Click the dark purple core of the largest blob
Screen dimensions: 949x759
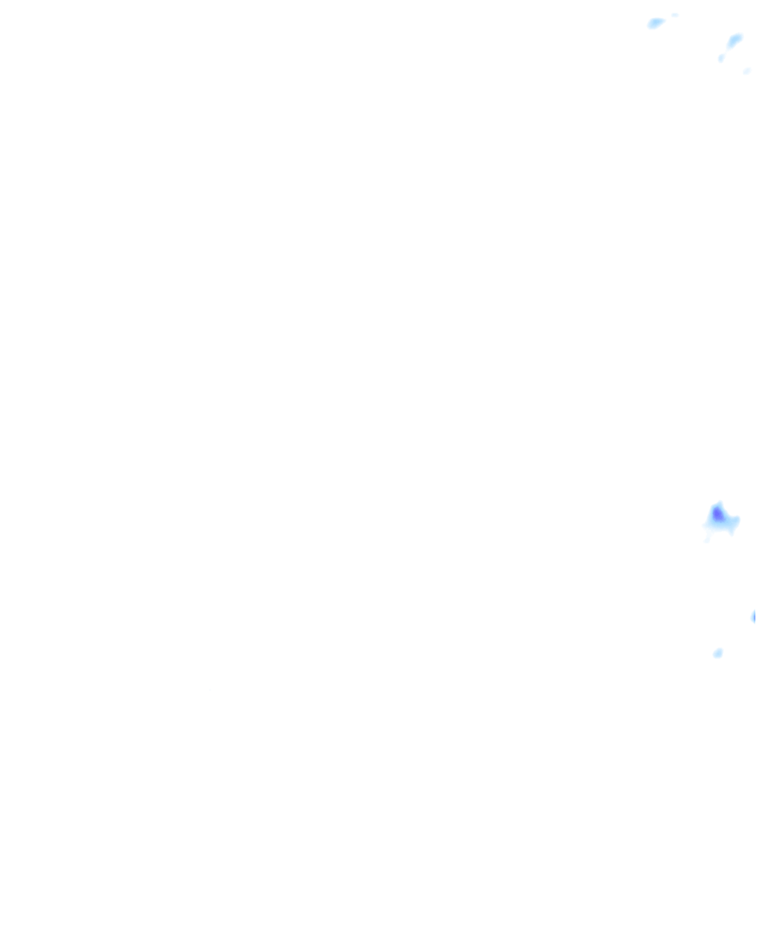coord(717,514)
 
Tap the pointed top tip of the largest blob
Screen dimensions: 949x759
coord(717,503)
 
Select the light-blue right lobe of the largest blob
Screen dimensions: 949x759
coord(732,522)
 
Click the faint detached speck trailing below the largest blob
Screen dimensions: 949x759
coord(707,540)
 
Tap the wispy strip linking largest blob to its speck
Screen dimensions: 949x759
coord(710,533)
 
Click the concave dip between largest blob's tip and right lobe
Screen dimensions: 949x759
coord(726,514)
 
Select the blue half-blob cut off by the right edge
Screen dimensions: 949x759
coord(755,616)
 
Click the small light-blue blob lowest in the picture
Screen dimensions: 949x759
coord(717,653)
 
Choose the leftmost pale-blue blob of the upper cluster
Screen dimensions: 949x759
coord(655,23)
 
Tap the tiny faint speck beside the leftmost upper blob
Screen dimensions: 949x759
coord(675,15)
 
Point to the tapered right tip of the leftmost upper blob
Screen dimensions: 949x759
coord(663,20)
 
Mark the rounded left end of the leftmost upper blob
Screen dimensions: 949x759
coord(649,24)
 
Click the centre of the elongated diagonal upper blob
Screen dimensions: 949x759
coord(734,41)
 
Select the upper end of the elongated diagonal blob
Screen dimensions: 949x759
coord(740,36)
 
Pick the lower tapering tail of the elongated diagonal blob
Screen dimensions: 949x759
coord(729,47)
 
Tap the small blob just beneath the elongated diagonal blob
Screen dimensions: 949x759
coord(720,58)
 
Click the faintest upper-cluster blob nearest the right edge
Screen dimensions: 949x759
coord(747,71)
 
